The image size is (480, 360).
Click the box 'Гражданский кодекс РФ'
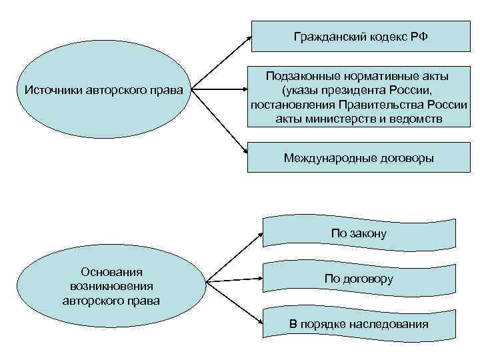pyautogui.click(x=359, y=36)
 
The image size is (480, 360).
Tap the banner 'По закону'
pyautogui.click(x=359, y=233)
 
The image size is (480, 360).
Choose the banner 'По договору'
pyautogui.click(x=359, y=279)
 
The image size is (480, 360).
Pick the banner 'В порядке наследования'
pyautogui.click(x=359, y=325)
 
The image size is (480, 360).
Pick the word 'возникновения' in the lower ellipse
pyautogui.click(x=111, y=287)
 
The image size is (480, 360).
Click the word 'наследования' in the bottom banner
pyautogui.click(x=390, y=325)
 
